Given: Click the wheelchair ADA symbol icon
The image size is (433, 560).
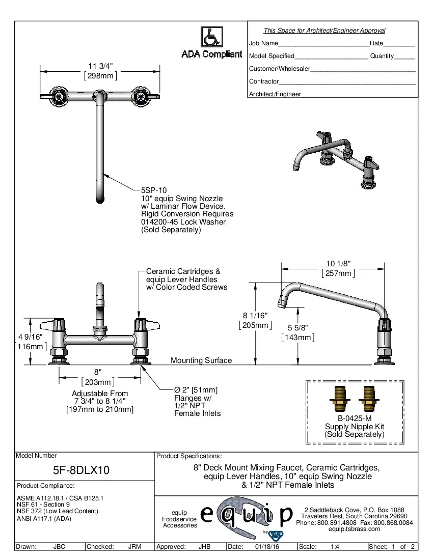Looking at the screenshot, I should [211, 37].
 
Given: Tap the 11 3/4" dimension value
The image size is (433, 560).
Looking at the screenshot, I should [100, 66].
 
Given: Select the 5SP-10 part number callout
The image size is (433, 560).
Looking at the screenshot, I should [153, 190].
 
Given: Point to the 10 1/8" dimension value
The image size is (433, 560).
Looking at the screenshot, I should [338, 263].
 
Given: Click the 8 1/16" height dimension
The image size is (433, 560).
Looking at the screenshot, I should [255, 315].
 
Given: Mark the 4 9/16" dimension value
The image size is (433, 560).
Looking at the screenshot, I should [30, 337].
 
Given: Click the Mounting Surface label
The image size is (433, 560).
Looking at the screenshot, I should [201, 360].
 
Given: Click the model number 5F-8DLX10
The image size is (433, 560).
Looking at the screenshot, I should [82, 470].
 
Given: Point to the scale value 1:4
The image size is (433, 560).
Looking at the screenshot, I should [335, 547].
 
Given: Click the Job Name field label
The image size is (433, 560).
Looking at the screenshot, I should [263, 44].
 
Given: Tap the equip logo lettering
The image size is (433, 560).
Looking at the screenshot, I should [247, 515].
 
